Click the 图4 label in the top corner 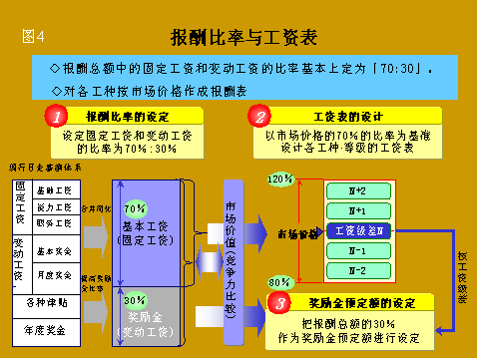click(33, 38)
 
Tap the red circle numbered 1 click(59, 117)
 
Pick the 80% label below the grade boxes click(279, 282)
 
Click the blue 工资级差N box click(361, 230)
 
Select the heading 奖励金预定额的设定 click(363, 302)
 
